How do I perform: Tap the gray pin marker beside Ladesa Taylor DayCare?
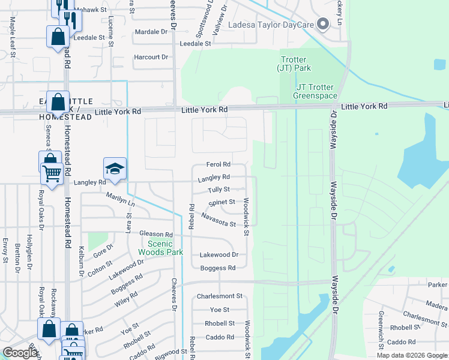pos(324,24)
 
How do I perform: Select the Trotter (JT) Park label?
pos(294,64)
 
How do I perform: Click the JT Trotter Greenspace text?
pos(316,91)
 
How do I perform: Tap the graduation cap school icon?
pos(115,168)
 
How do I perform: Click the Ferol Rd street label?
pos(218,164)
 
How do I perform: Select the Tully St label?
pos(218,190)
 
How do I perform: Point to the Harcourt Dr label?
pos(151,57)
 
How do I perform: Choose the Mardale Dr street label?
pos(151,31)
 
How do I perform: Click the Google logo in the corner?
pos(20,353)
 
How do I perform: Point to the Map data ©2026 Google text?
pos(411,355)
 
